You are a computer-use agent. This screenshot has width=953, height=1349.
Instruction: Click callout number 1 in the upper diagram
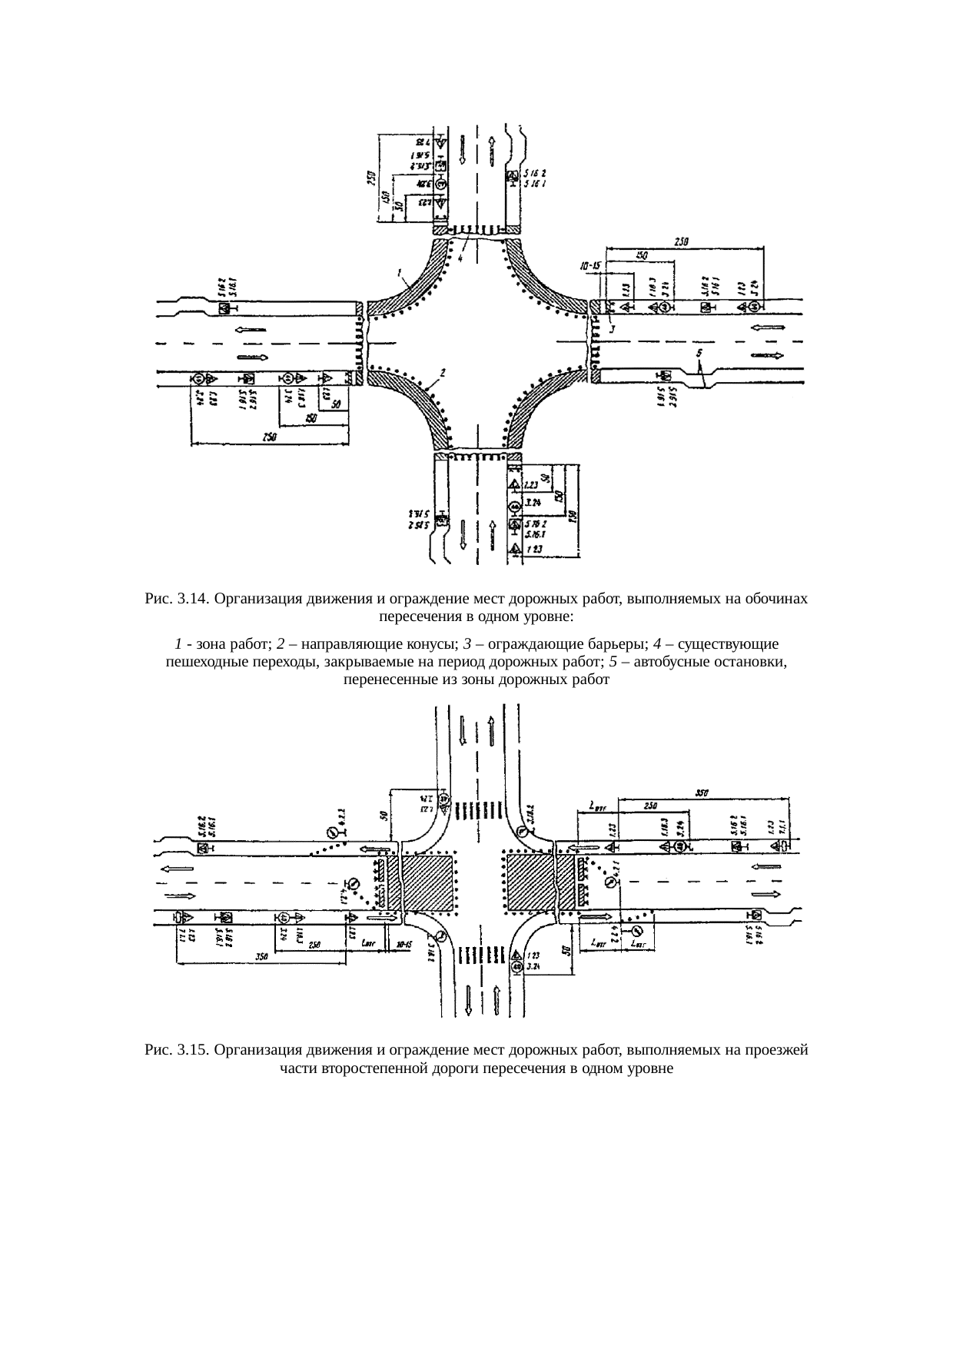(x=400, y=272)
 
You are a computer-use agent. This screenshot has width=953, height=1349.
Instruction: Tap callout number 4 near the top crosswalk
(x=460, y=259)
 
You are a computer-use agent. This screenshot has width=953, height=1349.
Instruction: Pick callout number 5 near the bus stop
(x=699, y=354)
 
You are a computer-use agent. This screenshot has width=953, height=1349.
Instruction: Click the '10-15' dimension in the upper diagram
(x=592, y=266)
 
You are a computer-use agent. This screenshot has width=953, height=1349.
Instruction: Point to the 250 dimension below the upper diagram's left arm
(x=270, y=437)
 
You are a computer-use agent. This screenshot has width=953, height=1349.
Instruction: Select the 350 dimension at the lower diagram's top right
(x=702, y=792)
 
